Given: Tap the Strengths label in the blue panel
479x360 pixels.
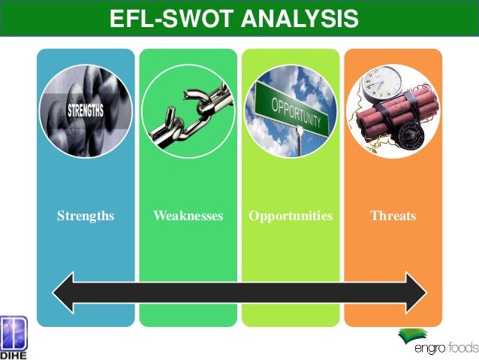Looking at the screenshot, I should pyautogui.click(x=86, y=216).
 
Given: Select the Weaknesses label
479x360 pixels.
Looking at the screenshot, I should pyautogui.click(x=188, y=216).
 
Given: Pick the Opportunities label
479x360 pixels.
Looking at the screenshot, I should pyautogui.click(x=291, y=216).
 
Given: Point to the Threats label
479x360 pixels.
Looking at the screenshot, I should pyautogui.click(x=393, y=216).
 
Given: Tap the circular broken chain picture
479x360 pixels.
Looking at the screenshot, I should pyautogui.click(x=188, y=113).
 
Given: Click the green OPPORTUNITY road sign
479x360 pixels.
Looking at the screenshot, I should pyautogui.click(x=294, y=109).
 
